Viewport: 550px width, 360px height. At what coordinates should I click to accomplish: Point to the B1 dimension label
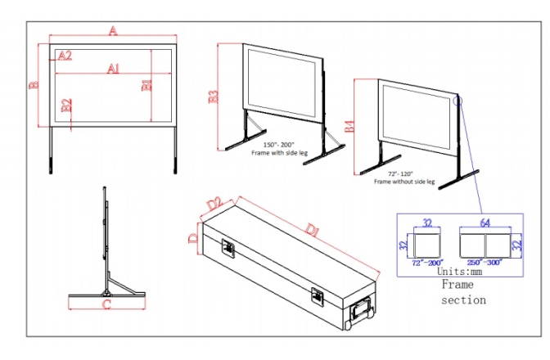(x=147, y=85)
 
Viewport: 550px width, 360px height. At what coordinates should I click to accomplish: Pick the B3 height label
(x=214, y=97)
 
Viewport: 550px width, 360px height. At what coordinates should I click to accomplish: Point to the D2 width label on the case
(x=215, y=202)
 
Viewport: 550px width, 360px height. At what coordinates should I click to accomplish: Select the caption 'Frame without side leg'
(x=404, y=182)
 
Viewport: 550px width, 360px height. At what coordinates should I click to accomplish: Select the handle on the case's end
(x=360, y=313)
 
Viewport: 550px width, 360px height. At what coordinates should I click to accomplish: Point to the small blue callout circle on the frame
(x=456, y=101)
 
